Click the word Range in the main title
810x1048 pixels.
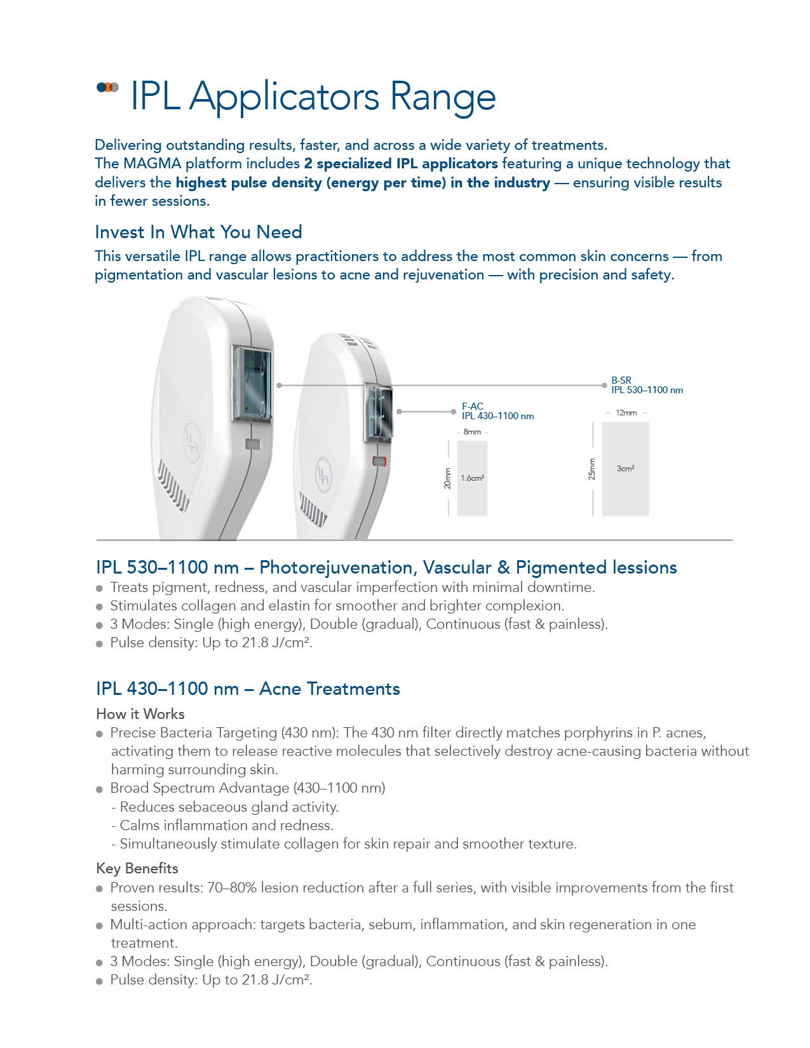pyautogui.click(x=442, y=97)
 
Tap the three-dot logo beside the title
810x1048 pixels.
pyautogui.click(x=107, y=87)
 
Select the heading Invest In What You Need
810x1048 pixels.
pyautogui.click(x=198, y=232)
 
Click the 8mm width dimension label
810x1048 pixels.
pyautogui.click(x=472, y=432)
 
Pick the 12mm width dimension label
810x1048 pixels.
pyautogui.click(x=626, y=413)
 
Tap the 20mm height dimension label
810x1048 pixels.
pyautogui.click(x=447, y=478)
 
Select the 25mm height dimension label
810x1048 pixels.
pyautogui.click(x=591, y=469)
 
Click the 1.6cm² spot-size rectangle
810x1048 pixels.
pyautogui.click(x=472, y=478)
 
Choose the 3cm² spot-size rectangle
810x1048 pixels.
pyautogui.click(x=625, y=469)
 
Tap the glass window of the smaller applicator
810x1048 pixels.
pyautogui.click(x=377, y=412)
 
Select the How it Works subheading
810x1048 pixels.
pyautogui.click(x=140, y=714)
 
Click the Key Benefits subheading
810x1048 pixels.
pyautogui.click(x=137, y=868)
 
